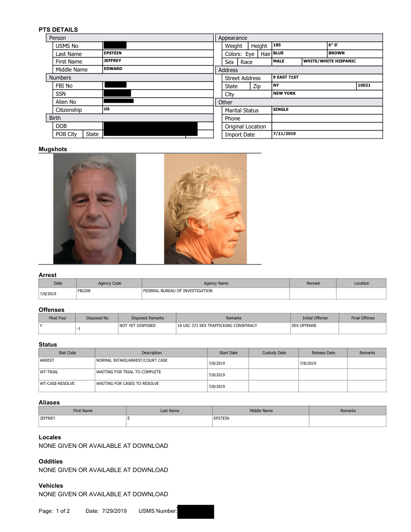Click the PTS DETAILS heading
[x=58, y=30]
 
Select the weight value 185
[x=277, y=45]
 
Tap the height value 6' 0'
[x=333, y=45]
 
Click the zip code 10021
[x=364, y=86]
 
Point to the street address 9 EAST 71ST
[x=286, y=78]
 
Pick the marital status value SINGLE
[x=281, y=109]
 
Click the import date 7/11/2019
[x=284, y=134]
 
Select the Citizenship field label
[x=68, y=110]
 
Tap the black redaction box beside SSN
[x=117, y=93]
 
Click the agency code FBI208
[x=84, y=291]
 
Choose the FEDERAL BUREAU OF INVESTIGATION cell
[x=178, y=291]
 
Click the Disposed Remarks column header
[x=147, y=318]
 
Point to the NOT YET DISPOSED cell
[x=138, y=325]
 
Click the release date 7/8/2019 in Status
[x=307, y=363]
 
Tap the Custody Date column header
[x=274, y=353]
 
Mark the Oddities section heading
[x=50, y=461]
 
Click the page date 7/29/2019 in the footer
[x=114, y=511]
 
